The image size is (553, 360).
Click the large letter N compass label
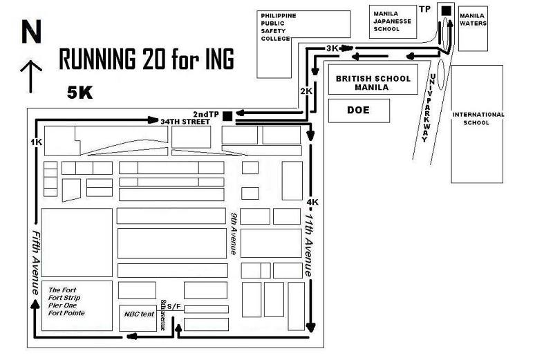[x=31, y=32]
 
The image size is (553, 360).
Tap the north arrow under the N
[x=31, y=76]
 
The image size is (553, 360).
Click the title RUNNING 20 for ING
[x=147, y=59]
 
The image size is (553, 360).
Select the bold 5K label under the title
[x=79, y=93]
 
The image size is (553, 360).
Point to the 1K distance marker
[x=37, y=142]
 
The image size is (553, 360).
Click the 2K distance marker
[x=306, y=91]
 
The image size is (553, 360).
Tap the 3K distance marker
[x=332, y=48]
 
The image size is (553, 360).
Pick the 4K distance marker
[x=312, y=202]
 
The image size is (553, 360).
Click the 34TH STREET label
[x=185, y=122]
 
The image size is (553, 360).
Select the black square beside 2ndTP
[x=227, y=115]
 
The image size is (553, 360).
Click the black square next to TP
[x=446, y=11]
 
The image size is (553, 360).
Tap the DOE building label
[x=358, y=110]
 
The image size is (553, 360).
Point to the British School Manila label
[x=373, y=83]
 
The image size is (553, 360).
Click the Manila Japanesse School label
[x=392, y=21]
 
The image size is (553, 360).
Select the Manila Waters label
[x=473, y=19]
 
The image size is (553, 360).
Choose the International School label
[x=478, y=118]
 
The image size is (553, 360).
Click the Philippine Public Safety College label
[x=279, y=27]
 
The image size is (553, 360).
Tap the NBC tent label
[x=139, y=314]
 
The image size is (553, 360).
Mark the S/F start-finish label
[x=174, y=306]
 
